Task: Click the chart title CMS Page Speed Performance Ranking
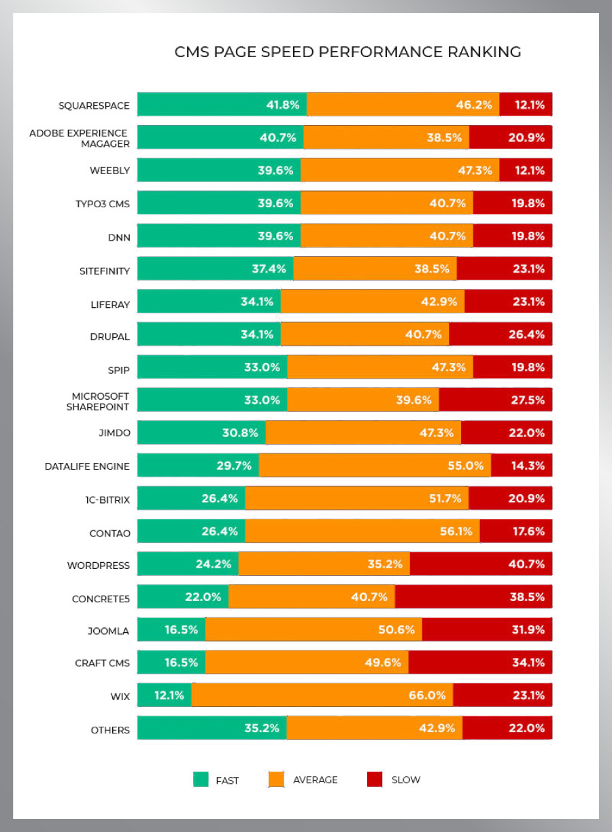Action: click(347, 52)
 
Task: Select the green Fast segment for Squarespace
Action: click(222, 105)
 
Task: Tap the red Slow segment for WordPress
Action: click(481, 564)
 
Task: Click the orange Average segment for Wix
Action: click(322, 695)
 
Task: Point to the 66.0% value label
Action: click(428, 695)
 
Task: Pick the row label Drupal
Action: click(109, 335)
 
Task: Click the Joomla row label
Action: click(108, 630)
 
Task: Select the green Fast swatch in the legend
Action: click(201, 780)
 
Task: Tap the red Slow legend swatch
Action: click(375, 780)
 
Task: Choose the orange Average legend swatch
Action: click(276, 780)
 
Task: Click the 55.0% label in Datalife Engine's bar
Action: click(466, 466)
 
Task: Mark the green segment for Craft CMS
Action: click(171, 662)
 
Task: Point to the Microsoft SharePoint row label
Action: click(98, 401)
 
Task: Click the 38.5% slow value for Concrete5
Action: click(528, 597)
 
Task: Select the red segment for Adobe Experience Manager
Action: click(510, 137)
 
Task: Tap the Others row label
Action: click(110, 730)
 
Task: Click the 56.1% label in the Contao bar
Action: click(456, 532)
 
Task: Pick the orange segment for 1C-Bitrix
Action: click(356, 498)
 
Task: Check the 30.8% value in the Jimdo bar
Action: click(241, 433)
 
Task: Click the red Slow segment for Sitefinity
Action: click(504, 268)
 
